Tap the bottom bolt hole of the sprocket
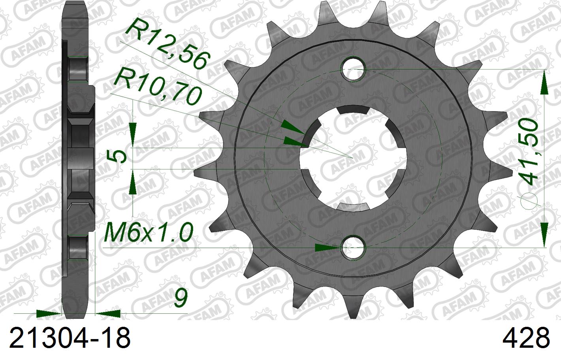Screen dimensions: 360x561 pos(354,248)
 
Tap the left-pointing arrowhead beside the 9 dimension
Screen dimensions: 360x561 pos(107,313)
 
